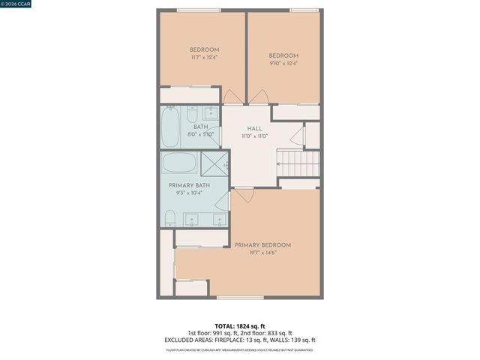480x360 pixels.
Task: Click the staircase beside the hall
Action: click(299, 163)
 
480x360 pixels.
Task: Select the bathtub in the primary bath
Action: click(180, 163)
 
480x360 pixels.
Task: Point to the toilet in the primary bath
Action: click(170, 218)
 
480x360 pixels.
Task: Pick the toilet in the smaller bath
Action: click(192, 115)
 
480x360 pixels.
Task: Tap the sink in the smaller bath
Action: click(211, 115)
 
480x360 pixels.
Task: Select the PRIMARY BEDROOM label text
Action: click(262, 245)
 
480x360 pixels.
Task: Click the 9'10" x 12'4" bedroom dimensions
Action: click(283, 64)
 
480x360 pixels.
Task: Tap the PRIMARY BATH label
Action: click(189, 185)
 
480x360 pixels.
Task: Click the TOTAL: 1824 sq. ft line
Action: click(240, 326)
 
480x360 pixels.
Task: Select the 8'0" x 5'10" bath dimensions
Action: click(201, 134)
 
